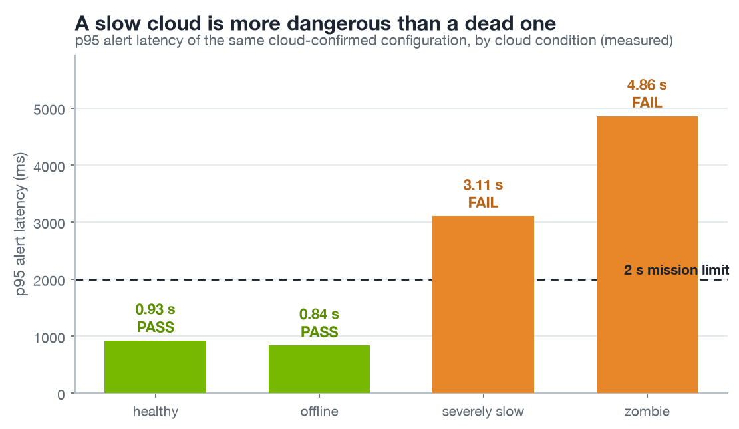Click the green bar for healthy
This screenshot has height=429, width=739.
pyautogui.click(x=155, y=366)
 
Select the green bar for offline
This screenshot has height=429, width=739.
pyautogui.click(x=319, y=368)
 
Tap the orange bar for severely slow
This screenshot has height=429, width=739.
pyautogui.click(x=483, y=304)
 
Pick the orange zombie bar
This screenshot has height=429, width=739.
pyautogui.click(x=647, y=255)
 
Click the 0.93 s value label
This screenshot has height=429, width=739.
pyautogui.click(x=155, y=309)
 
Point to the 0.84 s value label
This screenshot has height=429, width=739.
pyautogui.click(x=319, y=314)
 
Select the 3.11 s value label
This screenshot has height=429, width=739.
pyautogui.click(x=483, y=185)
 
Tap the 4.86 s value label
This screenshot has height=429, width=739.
pyautogui.click(x=647, y=85)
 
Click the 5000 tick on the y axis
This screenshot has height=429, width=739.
pyautogui.click(x=49, y=110)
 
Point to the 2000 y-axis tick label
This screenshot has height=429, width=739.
pyautogui.click(x=49, y=281)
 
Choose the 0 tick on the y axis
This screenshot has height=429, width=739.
pyautogui.click(x=61, y=394)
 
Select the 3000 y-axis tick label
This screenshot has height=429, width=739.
pyautogui.click(x=49, y=224)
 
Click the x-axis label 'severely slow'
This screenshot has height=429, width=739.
pyautogui.click(x=483, y=412)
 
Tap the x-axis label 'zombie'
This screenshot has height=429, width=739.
pyautogui.click(x=647, y=412)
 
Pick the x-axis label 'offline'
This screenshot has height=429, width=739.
pyautogui.click(x=319, y=412)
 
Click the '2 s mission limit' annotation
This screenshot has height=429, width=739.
pyautogui.click(x=676, y=270)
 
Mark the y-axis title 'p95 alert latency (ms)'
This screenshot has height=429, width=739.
pyautogui.click(x=20, y=224)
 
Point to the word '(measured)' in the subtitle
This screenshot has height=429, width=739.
pyautogui.click(x=637, y=41)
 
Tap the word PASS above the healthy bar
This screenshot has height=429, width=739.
pyautogui.click(x=156, y=327)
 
